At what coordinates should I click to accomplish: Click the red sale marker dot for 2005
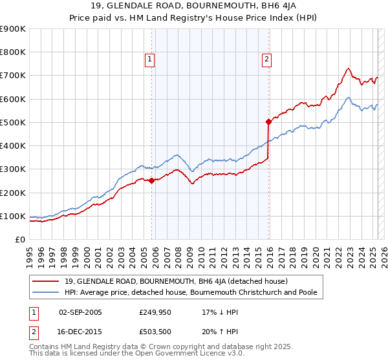[152, 181]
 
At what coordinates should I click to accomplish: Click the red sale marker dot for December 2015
[269, 121]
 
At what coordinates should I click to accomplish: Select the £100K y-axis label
[12, 216]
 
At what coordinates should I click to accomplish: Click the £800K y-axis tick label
[12, 52]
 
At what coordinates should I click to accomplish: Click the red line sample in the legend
[47, 281]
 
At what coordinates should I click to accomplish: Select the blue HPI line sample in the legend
[47, 292]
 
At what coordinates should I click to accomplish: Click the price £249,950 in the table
[155, 312]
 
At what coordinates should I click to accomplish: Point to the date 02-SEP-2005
[80, 312]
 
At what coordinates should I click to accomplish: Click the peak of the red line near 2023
[348, 68]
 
